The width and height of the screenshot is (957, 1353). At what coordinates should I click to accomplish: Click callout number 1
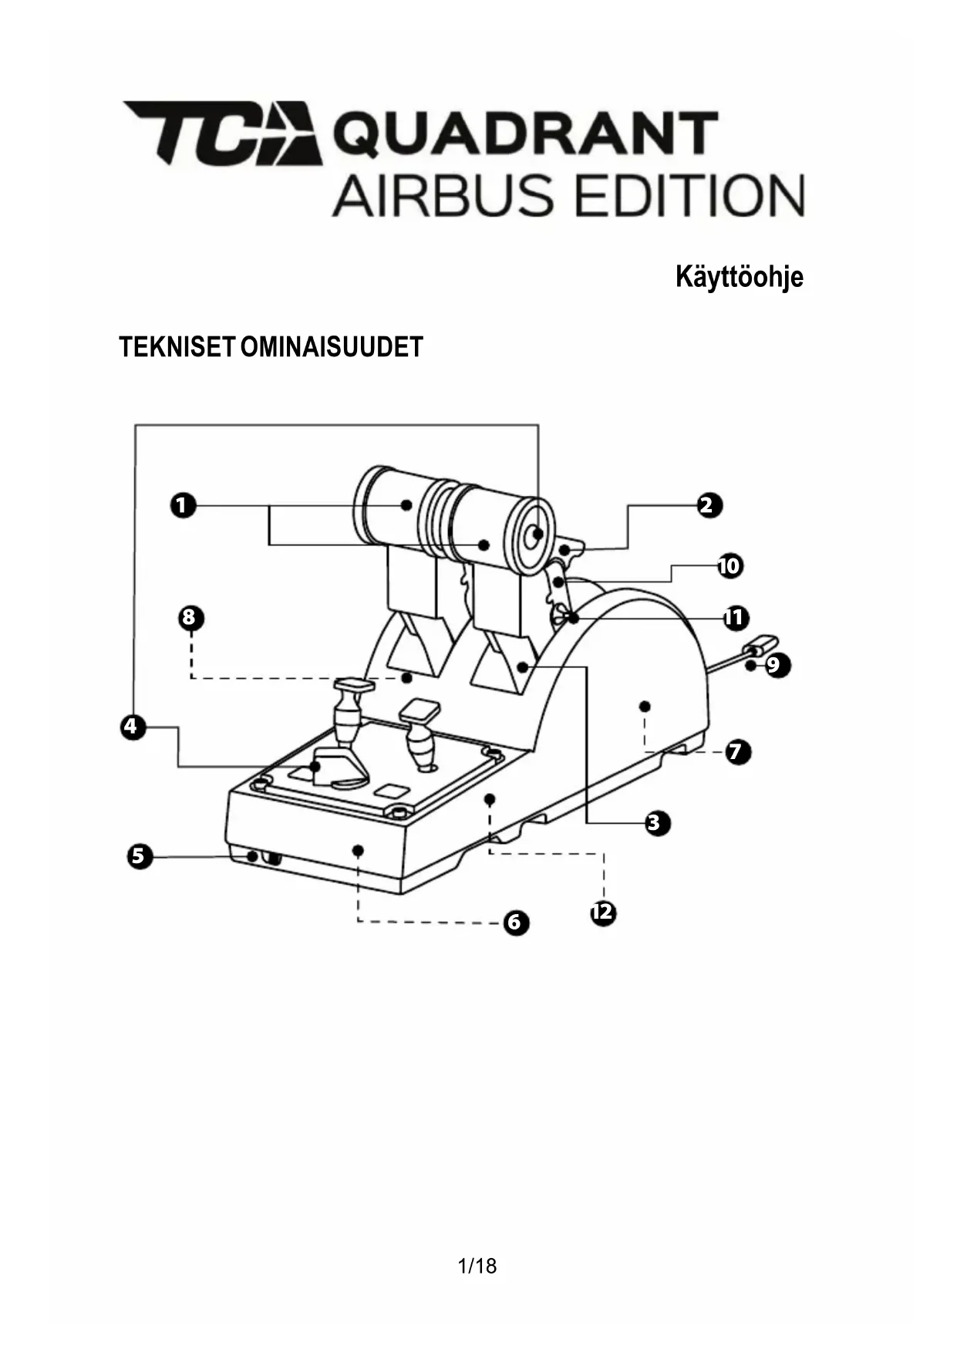click(183, 506)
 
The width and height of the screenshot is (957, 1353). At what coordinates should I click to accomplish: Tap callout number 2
click(706, 505)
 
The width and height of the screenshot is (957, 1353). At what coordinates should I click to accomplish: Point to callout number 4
click(133, 726)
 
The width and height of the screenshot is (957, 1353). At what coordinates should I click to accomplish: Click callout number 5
click(140, 855)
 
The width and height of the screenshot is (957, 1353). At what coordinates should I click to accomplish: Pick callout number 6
click(516, 922)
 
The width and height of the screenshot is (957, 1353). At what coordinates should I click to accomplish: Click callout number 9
click(774, 665)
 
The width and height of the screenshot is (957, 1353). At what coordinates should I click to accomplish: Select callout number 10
click(729, 565)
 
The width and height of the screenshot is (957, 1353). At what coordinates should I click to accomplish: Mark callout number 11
click(735, 617)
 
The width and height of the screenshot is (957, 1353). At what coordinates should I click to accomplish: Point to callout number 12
click(603, 913)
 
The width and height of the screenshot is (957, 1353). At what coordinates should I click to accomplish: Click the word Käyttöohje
click(739, 277)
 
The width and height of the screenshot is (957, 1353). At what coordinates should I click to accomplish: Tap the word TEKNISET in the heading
click(175, 347)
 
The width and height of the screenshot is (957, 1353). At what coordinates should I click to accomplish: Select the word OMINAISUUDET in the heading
click(332, 347)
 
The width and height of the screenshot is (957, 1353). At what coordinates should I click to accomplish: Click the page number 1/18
click(477, 1266)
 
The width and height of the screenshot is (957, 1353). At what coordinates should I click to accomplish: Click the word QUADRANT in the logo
click(525, 134)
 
